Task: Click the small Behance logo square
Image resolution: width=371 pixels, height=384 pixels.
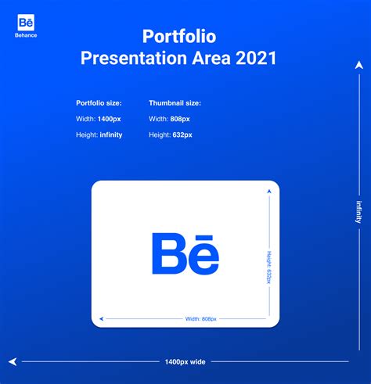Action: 26,23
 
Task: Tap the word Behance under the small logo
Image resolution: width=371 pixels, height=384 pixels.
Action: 26,35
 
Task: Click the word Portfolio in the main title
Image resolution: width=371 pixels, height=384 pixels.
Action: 179,36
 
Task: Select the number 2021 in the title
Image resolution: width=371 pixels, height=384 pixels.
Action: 256,58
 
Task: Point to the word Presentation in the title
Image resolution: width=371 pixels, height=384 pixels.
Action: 134,58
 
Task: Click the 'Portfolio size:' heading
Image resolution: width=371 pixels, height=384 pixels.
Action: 99,103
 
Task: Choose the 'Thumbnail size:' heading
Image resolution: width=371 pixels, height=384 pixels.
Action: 175,103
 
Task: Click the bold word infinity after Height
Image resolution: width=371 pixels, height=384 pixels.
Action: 111,135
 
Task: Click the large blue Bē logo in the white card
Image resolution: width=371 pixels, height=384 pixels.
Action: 185,253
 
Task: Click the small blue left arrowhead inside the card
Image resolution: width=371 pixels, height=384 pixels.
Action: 102,318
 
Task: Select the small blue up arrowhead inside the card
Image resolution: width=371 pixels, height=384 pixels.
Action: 269,192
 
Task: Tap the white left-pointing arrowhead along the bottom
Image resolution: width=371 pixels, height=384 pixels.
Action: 13,361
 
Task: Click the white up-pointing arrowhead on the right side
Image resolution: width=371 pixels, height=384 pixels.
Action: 359,65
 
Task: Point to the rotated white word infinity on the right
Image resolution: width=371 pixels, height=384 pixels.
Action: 359,212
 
